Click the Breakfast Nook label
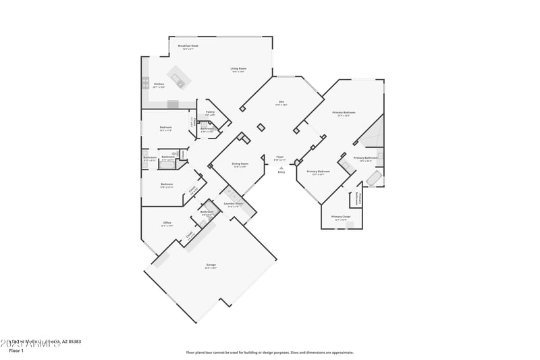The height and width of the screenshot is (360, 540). (x=188, y=47)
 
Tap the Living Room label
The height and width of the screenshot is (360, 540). (x=238, y=70)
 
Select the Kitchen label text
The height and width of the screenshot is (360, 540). (x=159, y=85)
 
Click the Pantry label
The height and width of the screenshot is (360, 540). (x=210, y=113)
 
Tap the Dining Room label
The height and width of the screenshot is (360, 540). (x=240, y=165)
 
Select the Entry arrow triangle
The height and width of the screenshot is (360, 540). (x=281, y=168)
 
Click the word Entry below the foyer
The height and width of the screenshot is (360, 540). (x=281, y=172)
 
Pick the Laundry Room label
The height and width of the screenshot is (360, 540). (x=234, y=205)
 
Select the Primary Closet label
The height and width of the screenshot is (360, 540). (x=340, y=217)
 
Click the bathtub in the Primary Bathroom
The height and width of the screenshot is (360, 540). (x=373, y=178)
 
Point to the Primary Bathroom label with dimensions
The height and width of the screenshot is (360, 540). (x=365, y=159)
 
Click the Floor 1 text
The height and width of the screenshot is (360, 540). (x=17, y=351)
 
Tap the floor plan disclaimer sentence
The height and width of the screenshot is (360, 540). (x=269, y=352)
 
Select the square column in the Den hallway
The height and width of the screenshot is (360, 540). (x=261, y=127)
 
